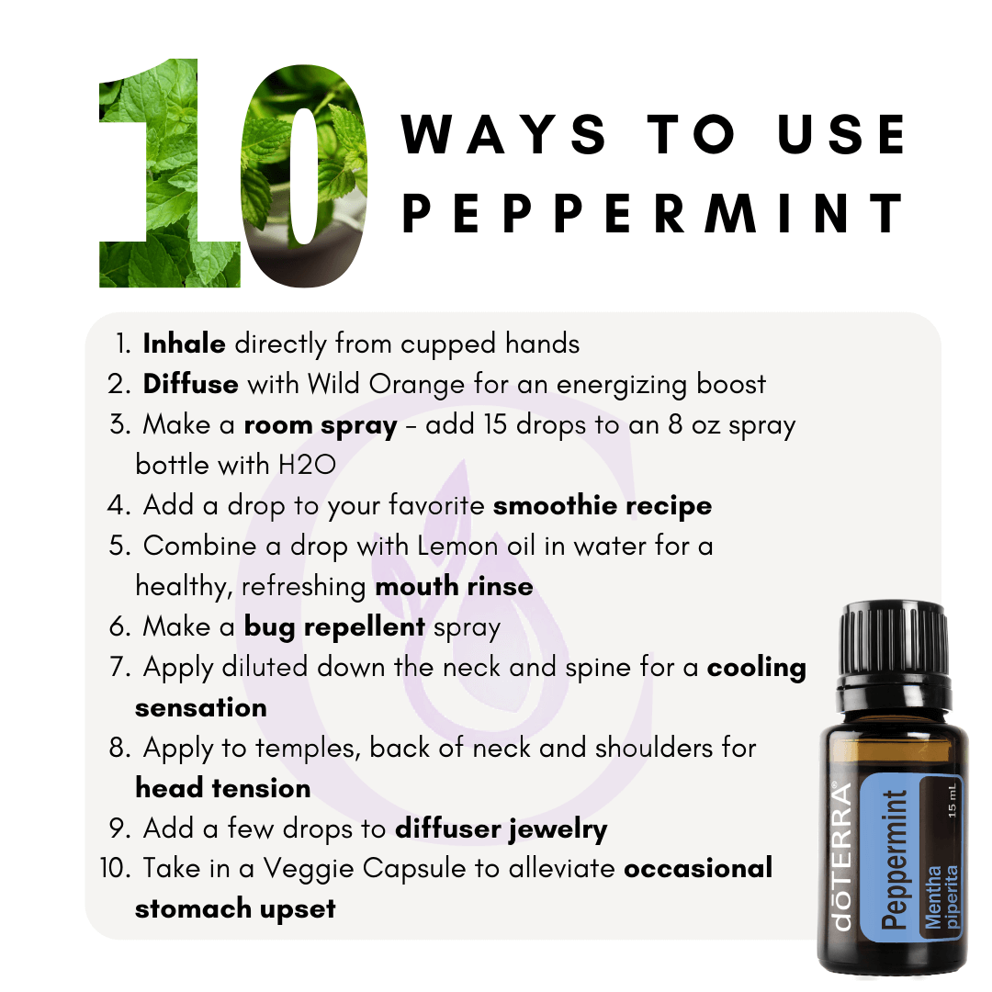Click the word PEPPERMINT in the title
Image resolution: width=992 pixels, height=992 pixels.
[x=654, y=214]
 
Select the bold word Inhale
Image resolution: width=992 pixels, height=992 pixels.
[x=184, y=344]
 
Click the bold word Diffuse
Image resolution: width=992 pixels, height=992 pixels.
[x=190, y=384]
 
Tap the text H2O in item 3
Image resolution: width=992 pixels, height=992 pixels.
[x=307, y=466]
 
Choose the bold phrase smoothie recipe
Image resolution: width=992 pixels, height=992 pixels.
[x=603, y=506]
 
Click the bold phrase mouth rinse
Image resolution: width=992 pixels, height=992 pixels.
[x=455, y=586]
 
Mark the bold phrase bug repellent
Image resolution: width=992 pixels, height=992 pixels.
[x=334, y=627]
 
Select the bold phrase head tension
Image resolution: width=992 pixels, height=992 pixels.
[x=222, y=788]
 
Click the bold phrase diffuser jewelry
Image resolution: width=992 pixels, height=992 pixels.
[x=502, y=829]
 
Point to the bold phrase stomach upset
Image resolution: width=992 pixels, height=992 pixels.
[x=235, y=909]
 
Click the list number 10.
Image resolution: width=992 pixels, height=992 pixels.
[x=115, y=869]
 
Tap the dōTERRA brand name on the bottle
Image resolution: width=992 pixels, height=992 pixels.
[x=841, y=857]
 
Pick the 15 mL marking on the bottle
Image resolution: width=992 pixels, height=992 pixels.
[x=953, y=800]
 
